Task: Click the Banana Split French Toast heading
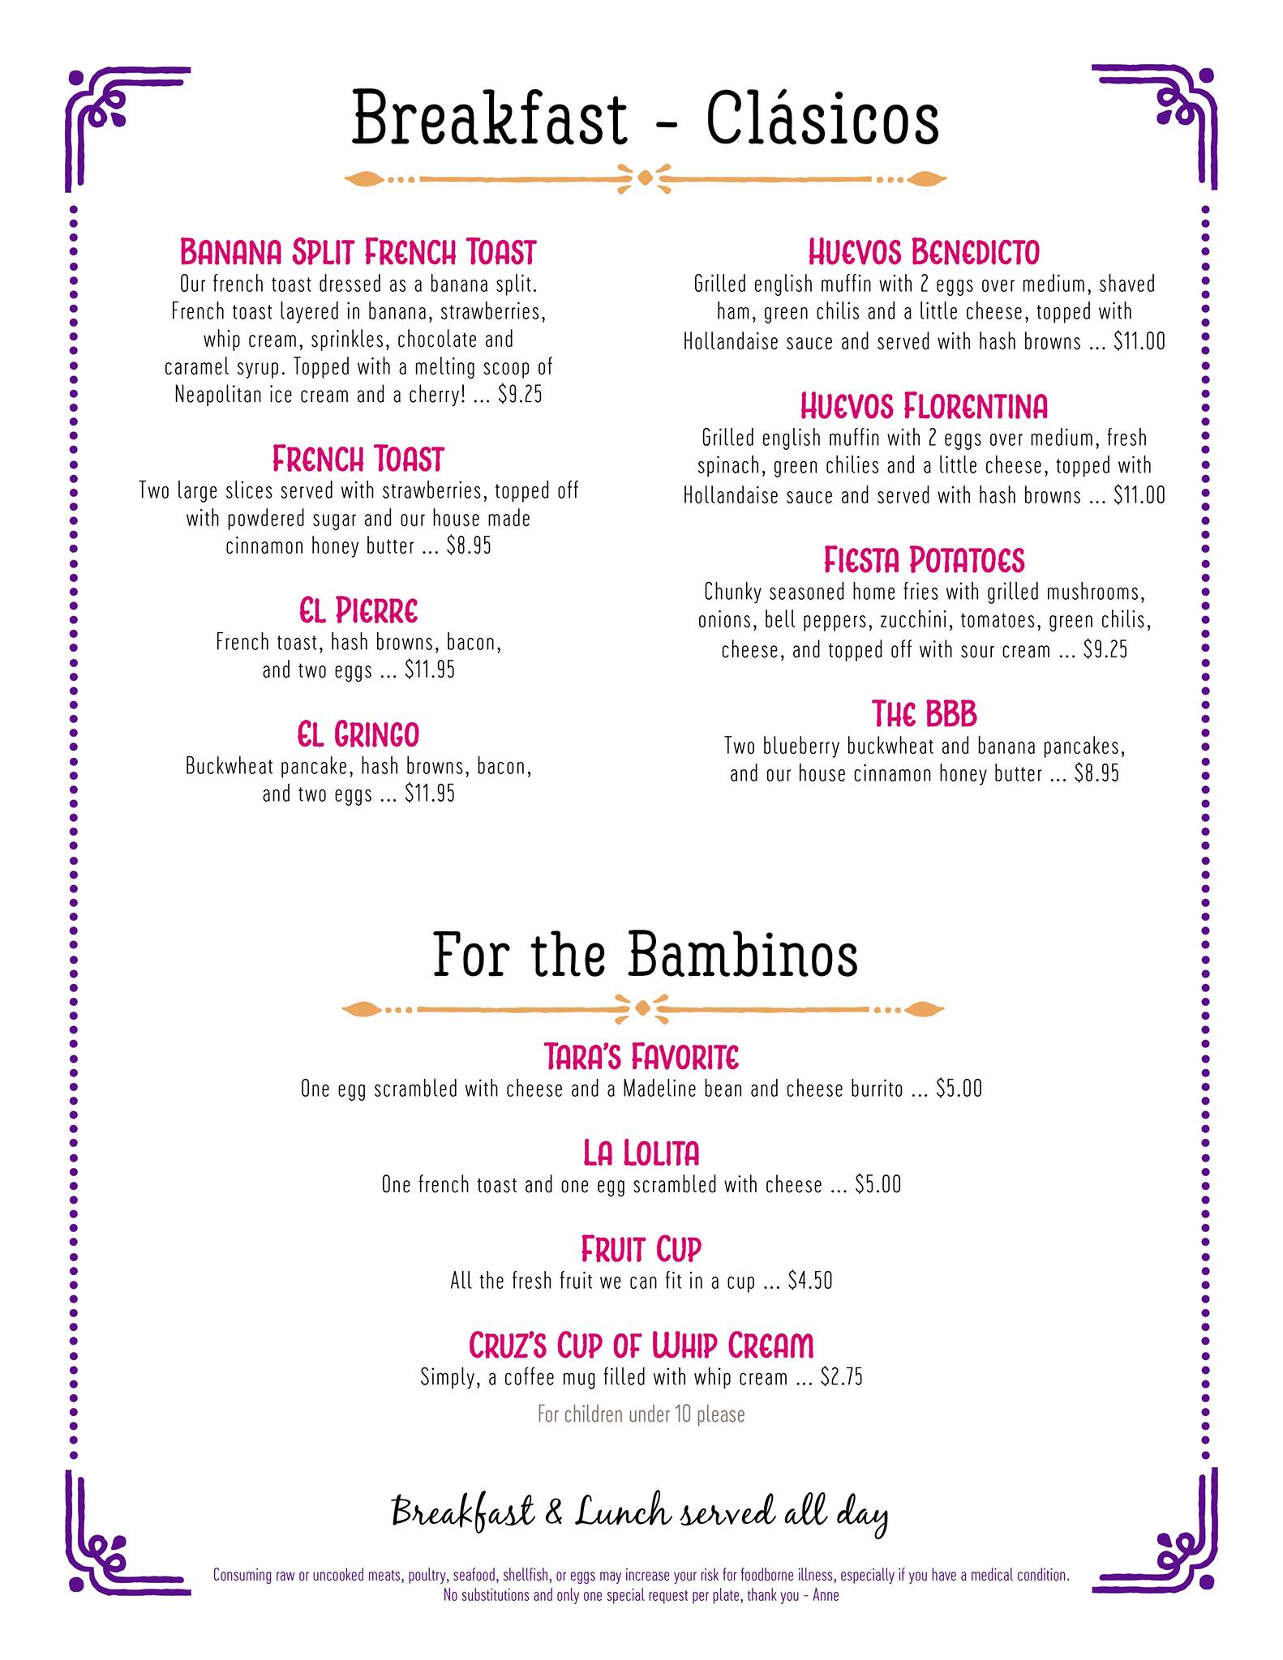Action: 358,252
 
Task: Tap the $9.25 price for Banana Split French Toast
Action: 520,395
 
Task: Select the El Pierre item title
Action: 358,610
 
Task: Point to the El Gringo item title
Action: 358,734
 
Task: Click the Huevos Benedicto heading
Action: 924,252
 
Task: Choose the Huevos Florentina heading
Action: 924,405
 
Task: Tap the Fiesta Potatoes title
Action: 924,560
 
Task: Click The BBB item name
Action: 924,714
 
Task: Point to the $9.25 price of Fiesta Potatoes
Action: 1105,650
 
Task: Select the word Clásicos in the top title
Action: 822,120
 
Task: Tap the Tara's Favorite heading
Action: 641,1057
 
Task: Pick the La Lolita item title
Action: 641,1153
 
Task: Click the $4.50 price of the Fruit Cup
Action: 810,1281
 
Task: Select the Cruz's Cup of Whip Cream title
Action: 641,1346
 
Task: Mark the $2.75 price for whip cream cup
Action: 841,1377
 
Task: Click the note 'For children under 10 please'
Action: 641,1414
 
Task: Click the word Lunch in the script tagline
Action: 622,1512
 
